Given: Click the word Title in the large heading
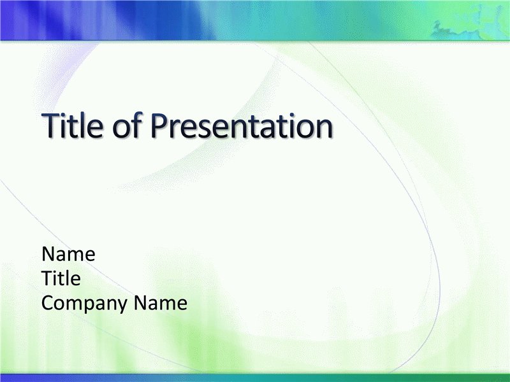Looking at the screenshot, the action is point(72,125).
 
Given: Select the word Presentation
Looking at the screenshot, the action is point(242,125).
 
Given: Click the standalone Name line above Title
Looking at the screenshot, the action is point(68,254).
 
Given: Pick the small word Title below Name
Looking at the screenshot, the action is point(61,278).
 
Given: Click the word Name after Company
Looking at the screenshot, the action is point(161,303).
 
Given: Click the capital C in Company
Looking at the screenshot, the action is point(48,303).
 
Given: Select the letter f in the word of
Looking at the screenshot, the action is point(137,125).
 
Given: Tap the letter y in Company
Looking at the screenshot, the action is point(123,306).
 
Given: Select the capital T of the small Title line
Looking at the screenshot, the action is point(47,278).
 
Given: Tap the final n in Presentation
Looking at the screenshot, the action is point(325,129).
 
